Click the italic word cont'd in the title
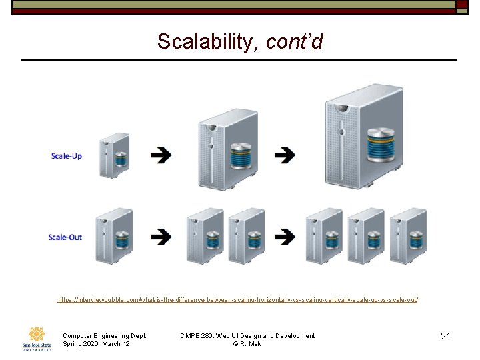point(294,42)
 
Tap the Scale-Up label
point(67,156)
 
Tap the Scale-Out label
point(65,237)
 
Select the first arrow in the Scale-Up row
point(160,156)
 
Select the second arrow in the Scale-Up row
point(285,156)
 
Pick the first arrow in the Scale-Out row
point(160,237)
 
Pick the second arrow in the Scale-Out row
point(285,237)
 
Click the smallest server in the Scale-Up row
point(114,155)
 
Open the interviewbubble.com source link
point(238,300)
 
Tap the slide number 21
point(446,337)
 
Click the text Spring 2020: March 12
point(96,344)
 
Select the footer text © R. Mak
point(247,344)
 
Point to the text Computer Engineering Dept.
point(104,336)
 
